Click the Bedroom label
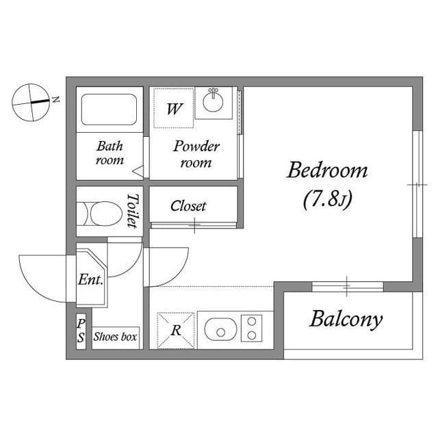(327, 170)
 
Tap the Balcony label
(346, 320)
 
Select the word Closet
(188, 206)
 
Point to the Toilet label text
(132, 211)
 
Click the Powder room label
(196, 154)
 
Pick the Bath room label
(109, 153)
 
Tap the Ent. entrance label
(90, 279)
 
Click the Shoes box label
(115, 337)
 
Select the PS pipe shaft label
(81, 331)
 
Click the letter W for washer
(175, 109)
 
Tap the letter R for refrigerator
(176, 331)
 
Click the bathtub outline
(109, 109)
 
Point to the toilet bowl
(106, 214)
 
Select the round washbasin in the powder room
(213, 102)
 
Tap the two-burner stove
(252, 328)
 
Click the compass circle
(31, 102)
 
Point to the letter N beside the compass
(56, 99)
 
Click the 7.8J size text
(327, 199)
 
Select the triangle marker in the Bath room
(138, 171)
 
